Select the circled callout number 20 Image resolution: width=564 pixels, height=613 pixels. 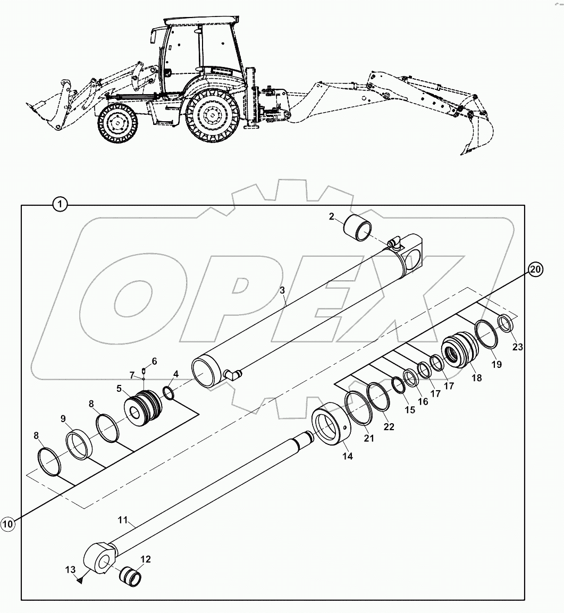pyautogui.click(x=535, y=270)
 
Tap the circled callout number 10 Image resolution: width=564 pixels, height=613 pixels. pyautogui.click(x=7, y=524)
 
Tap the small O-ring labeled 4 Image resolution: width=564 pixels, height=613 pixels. pyautogui.click(x=167, y=394)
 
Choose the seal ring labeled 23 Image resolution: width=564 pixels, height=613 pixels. pyautogui.click(x=505, y=324)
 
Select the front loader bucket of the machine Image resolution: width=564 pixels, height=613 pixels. pyautogui.click(x=45, y=113)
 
